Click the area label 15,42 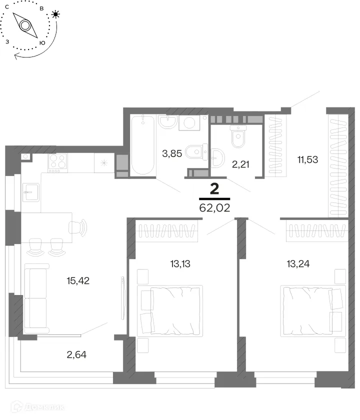click(x=78, y=280)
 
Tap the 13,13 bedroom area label click(x=180, y=264)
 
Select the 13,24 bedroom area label click(x=298, y=264)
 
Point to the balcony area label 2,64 click(x=76, y=354)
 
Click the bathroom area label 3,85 click(x=172, y=154)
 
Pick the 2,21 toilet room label click(x=240, y=164)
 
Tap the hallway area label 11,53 click(x=308, y=159)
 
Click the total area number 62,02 click(x=215, y=208)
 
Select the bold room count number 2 click(x=215, y=189)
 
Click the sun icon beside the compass click(x=55, y=14)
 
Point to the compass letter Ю click(x=42, y=43)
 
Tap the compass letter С click(x=7, y=7)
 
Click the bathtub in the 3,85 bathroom click(x=143, y=145)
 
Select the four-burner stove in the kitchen click(x=58, y=163)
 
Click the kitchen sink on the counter click(x=31, y=192)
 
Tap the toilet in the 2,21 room click(x=238, y=136)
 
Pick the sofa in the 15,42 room click(x=36, y=298)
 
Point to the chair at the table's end click(x=78, y=227)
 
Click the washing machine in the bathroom click(x=189, y=123)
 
